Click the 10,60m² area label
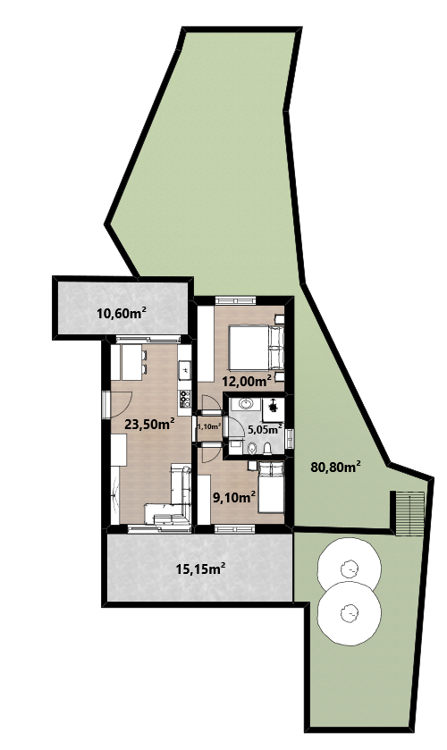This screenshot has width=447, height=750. pyautogui.click(x=121, y=313)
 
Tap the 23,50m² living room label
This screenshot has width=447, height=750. pyautogui.click(x=148, y=424)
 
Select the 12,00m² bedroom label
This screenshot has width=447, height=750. pyautogui.click(x=247, y=381)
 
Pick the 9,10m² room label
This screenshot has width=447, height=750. pyautogui.click(x=233, y=498)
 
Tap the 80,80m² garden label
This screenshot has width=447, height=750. pyautogui.click(x=335, y=467)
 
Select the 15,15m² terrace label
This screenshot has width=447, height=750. pyautogui.click(x=200, y=569)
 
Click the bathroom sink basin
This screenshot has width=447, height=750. pyautogui.click(x=246, y=404)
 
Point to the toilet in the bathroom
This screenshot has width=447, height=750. pyautogui.click(x=268, y=448)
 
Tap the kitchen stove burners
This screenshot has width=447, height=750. pyautogui.click(x=184, y=397)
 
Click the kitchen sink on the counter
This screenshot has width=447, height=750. pyautogui.click(x=184, y=368)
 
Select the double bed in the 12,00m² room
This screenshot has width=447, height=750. pyautogui.click(x=257, y=348)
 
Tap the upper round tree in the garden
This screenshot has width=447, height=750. pyautogui.click(x=350, y=568)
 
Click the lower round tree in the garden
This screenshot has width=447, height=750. pyautogui.click(x=349, y=612)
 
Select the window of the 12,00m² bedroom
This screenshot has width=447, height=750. pyautogui.click(x=235, y=299)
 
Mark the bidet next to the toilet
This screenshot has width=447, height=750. pyautogui.click(x=253, y=448)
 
